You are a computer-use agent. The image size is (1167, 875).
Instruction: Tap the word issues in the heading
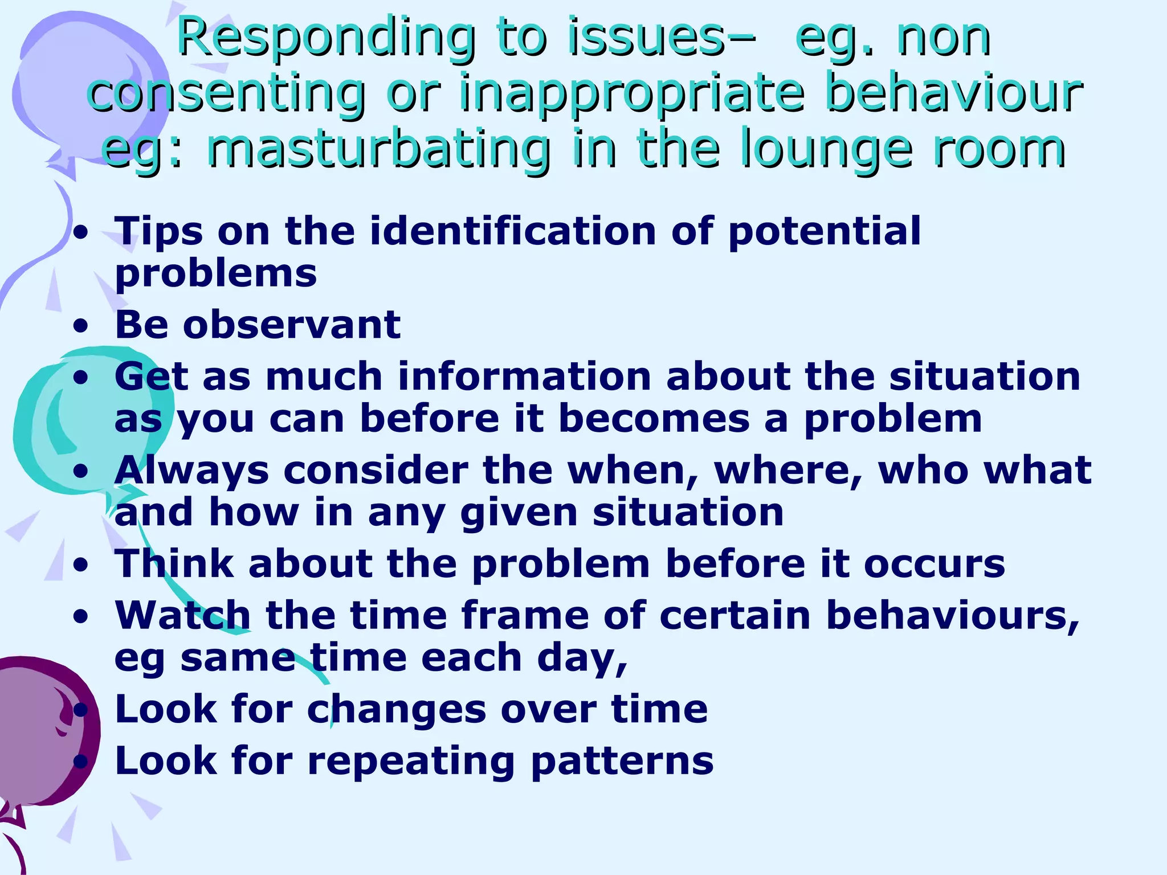650,37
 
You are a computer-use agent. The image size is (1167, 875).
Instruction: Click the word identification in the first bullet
513,231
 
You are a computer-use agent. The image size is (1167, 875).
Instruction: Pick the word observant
292,325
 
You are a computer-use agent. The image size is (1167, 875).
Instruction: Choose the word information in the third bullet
524,377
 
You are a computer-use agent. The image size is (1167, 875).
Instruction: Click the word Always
191,471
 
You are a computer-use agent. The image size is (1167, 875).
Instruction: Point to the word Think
174,563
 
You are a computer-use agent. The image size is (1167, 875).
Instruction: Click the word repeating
411,762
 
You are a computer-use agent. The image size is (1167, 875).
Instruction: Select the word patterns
622,762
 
